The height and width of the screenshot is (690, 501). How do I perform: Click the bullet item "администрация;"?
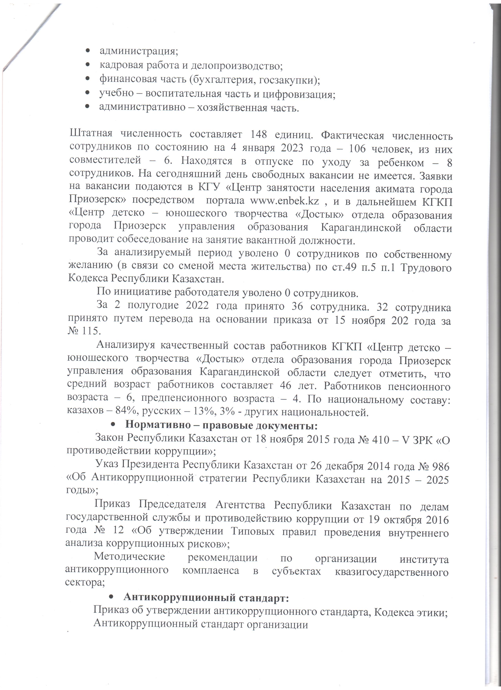click(139, 51)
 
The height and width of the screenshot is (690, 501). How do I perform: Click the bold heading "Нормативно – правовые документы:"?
click(221, 425)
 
